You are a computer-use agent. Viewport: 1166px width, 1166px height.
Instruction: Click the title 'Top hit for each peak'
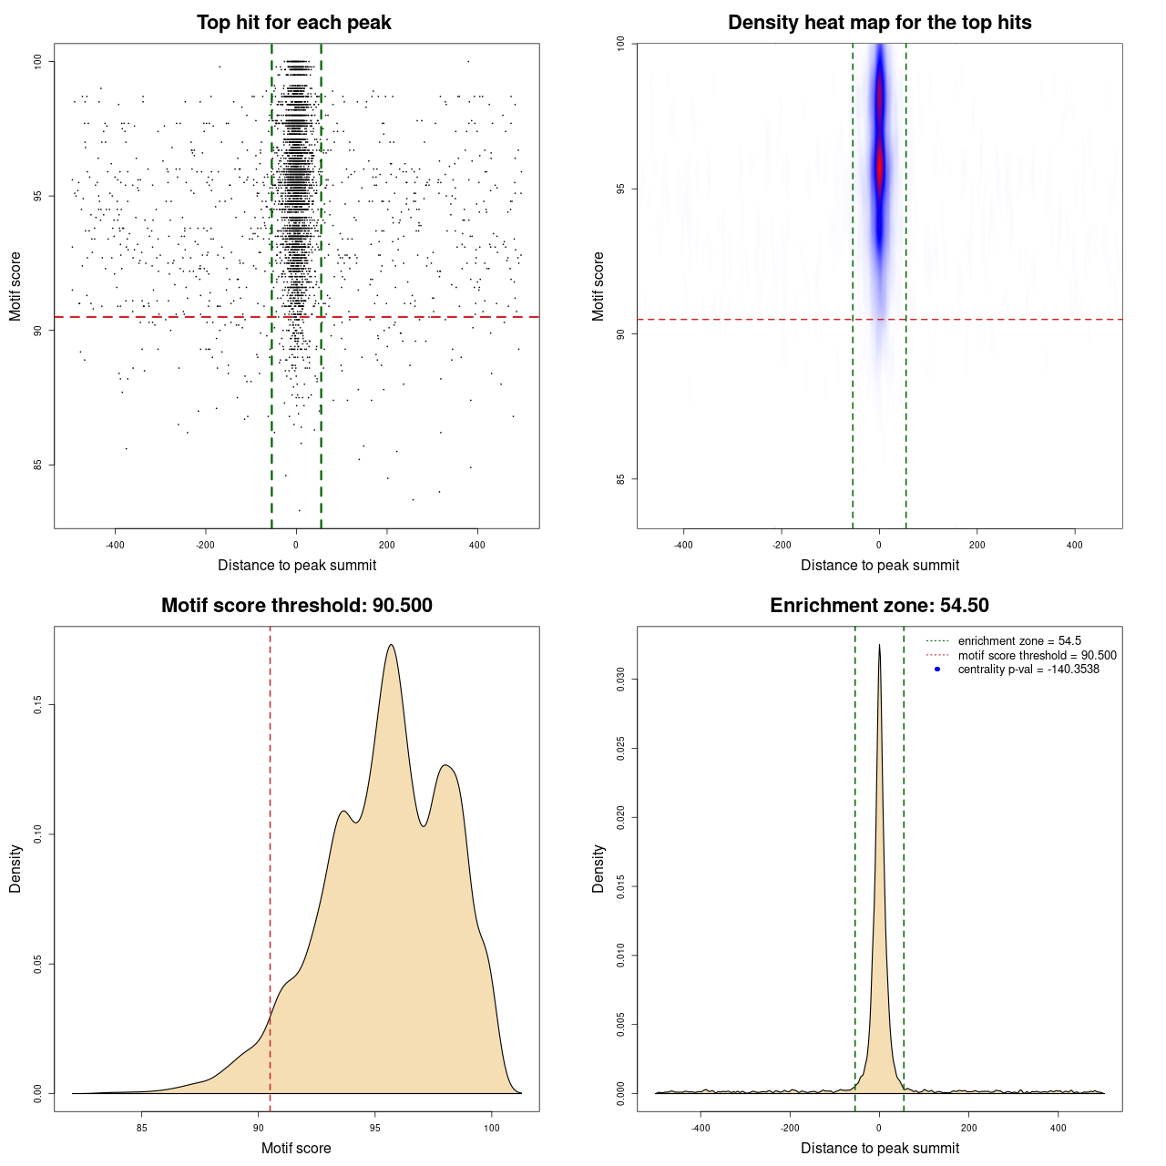click(x=293, y=23)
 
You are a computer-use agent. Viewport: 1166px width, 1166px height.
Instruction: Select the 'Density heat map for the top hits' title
click(x=879, y=23)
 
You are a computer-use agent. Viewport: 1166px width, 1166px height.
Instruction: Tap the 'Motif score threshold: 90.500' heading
click(x=296, y=606)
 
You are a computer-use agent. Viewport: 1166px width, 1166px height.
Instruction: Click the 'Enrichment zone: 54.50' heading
click(x=879, y=606)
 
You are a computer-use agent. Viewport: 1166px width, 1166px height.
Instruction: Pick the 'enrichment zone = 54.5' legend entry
click(x=1019, y=641)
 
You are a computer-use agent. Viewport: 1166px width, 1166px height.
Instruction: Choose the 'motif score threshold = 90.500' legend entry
click(x=1037, y=655)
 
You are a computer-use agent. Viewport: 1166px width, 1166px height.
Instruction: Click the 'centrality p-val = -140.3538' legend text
click(x=1028, y=670)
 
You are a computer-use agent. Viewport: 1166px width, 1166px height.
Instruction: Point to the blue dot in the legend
click(x=937, y=670)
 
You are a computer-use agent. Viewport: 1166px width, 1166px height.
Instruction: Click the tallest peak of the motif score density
click(x=391, y=645)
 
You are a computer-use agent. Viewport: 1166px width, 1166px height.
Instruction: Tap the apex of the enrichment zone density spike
click(x=879, y=645)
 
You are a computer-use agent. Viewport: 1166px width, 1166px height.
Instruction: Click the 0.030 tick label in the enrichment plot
click(x=620, y=679)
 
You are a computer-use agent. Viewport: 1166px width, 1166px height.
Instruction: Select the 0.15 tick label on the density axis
click(x=37, y=705)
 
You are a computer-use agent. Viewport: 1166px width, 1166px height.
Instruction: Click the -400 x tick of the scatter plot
click(x=115, y=546)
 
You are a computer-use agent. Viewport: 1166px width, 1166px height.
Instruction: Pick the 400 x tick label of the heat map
click(x=1075, y=546)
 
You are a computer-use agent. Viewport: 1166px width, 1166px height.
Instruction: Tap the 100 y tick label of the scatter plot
click(x=37, y=61)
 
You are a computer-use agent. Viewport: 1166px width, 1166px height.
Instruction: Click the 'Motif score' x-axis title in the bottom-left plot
click(x=296, y=1149)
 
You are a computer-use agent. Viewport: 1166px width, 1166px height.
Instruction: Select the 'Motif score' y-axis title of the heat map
click(x=598, y=286)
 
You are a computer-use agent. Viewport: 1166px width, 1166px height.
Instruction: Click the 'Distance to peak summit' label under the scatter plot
click(x=297, y=566)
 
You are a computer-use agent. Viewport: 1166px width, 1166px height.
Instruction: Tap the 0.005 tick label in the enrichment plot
click(x=620, y=1024)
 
